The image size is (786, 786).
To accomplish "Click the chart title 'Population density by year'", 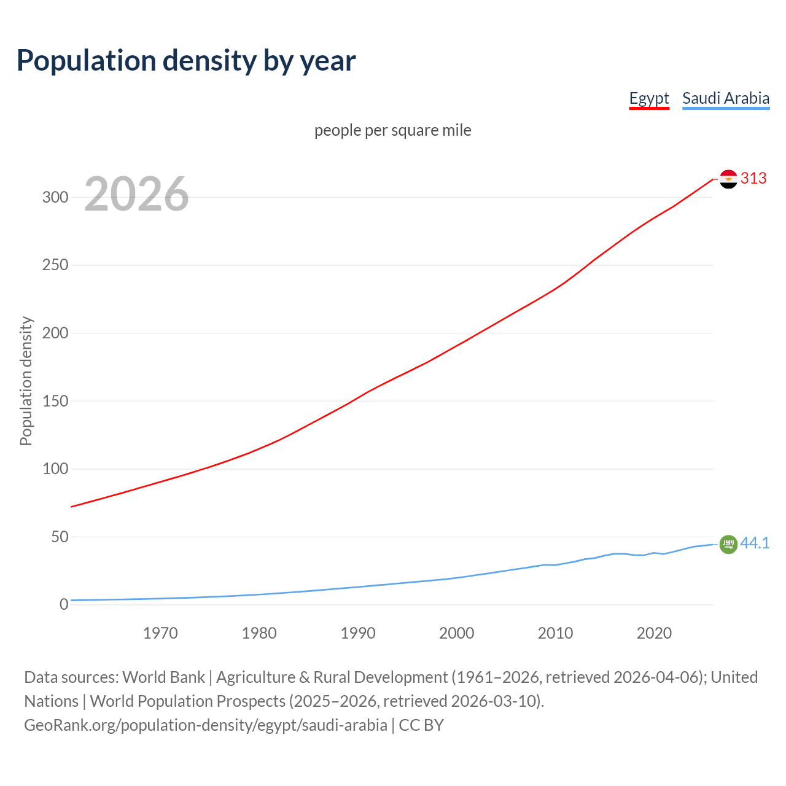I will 186,60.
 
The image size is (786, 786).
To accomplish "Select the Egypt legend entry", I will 649,98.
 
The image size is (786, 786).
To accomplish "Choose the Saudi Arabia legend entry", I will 726,98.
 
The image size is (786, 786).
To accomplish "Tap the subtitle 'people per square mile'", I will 393,130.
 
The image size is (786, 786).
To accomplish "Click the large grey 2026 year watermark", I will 136,194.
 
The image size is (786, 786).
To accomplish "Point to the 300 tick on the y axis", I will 55,197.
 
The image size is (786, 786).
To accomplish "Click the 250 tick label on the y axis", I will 55,265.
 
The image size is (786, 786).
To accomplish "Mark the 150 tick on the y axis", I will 55,401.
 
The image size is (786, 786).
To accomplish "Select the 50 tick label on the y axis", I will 60,537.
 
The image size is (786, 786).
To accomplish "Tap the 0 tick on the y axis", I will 64,605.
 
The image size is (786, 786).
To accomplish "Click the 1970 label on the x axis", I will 160,633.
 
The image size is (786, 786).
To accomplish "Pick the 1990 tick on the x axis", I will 358,633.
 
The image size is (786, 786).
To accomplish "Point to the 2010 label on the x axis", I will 555,633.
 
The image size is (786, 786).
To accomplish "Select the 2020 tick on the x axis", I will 654,633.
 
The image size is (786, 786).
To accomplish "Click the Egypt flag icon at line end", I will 728,179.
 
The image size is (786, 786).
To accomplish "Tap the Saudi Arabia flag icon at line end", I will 728,544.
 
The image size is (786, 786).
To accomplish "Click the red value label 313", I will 753,178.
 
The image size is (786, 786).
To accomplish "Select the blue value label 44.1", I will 755,543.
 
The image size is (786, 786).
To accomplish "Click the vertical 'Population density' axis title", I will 26,381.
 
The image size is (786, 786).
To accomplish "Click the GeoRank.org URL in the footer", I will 206,725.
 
